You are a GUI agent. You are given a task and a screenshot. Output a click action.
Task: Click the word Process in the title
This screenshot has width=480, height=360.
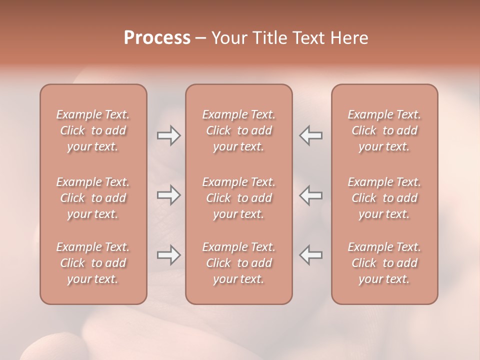click(x=157, y=38)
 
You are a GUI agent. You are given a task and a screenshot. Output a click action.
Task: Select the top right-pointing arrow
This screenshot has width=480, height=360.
click(x=168, y=135)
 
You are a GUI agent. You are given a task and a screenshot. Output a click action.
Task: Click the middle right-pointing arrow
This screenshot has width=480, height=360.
click(x=168, y=195)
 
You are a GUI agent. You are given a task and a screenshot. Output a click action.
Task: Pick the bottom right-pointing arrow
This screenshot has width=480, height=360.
click(x=168, y=255)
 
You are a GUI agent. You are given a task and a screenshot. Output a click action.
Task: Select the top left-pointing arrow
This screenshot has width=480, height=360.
click(x=311, y=135)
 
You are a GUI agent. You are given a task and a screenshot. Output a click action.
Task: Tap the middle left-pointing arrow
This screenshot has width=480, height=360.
click(x=311, y=195)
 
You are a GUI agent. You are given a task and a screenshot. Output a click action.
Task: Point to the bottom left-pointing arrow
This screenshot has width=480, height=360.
click(x=311, y=255)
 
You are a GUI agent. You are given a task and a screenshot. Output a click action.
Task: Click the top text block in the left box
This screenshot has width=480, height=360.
click(x=93, y=130)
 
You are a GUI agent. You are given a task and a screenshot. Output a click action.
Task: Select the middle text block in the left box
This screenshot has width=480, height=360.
click(x=93, y=198)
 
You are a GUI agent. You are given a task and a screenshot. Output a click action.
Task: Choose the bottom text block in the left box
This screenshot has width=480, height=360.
click(x=93, y=263)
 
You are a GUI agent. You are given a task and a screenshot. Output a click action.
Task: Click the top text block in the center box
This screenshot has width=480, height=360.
click(x=239, y=130)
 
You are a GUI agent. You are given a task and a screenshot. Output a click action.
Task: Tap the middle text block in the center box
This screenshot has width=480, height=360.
click(x=239, y=198)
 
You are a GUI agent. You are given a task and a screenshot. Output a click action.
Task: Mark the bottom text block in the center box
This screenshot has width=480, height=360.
click(x=239, y=263)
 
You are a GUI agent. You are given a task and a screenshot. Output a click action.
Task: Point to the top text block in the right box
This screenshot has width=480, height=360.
click(x=384, y=130)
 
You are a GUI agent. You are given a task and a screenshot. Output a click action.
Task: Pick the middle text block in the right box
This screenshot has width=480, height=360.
click(x=384, y=198)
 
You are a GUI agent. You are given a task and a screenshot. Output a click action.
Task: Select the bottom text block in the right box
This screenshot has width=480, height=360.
click(x=384, y=263)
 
